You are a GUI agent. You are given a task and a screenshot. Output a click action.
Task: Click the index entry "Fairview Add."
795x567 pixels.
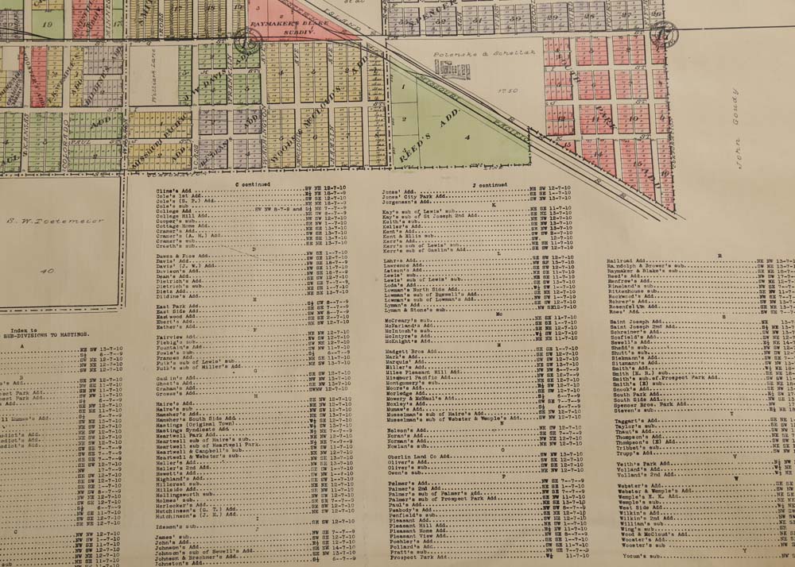point(176,333)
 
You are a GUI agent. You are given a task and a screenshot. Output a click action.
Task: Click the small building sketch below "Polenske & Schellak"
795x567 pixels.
point(452,69)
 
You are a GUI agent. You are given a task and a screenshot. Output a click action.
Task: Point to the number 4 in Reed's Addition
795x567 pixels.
point(467,137)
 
